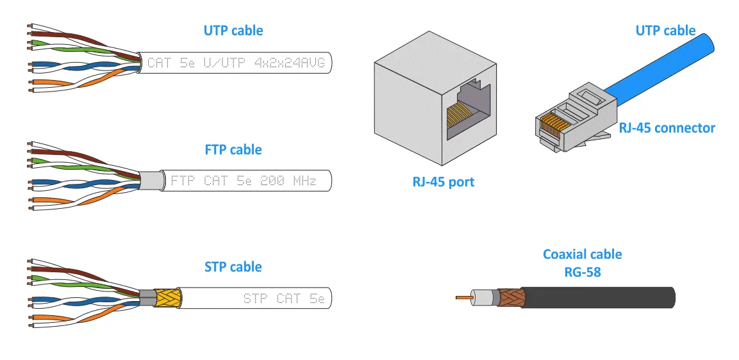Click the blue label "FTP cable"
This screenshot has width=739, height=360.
click(x=233, y=150)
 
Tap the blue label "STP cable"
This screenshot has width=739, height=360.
click(x=233, y=266)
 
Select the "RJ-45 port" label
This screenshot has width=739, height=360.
click(x=444, y=182)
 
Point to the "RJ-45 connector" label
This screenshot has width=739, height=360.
click(x=667, y=128)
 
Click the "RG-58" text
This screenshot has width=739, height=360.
click(x=582, y=272)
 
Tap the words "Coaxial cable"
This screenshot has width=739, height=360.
click(x=582, y=254)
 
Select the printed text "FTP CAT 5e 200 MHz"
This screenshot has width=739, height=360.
click(x=244, y=181)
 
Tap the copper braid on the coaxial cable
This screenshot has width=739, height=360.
click(x=511, y=297)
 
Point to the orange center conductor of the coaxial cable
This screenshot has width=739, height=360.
click(x=461, y=298)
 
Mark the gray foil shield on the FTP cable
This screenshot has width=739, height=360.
click(x=150, y=181)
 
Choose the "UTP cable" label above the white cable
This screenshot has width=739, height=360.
click(x=233, y=31)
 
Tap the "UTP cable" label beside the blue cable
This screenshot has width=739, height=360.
click(x=665, y=31)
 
